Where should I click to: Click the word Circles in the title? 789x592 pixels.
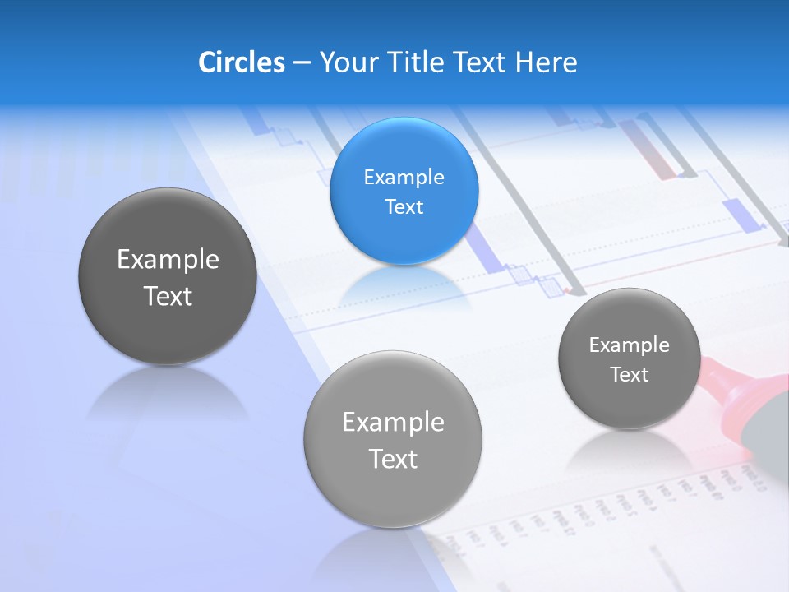(x=241, y=62)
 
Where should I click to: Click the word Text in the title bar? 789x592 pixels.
(x=481, y=62)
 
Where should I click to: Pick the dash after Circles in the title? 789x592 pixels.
(x=301, y=63)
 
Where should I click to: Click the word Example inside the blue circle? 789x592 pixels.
(x=404, y=177)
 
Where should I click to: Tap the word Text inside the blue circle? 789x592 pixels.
(x=404, y=206)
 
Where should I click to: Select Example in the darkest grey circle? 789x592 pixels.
(x=168, y=259)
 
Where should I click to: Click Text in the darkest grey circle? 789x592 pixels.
(x=168, y=296)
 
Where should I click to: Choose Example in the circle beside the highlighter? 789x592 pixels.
(x=629, y=345)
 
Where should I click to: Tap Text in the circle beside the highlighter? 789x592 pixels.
(x=629, y=375)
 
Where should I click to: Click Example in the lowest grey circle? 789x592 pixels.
(x=393, y=422)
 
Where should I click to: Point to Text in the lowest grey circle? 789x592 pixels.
(x=393, y=459)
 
